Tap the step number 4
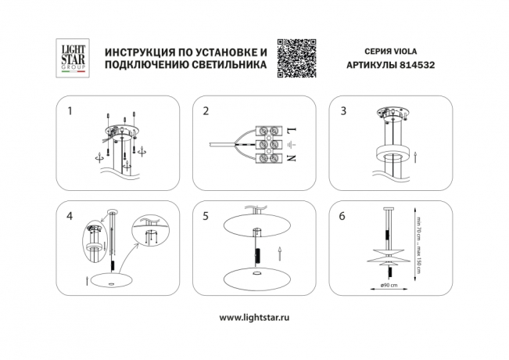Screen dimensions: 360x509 click(70, 214)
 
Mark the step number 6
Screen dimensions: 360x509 click(342, 214)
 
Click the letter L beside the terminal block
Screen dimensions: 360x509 click(291, 130)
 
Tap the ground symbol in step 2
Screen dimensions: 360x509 click(291, 145)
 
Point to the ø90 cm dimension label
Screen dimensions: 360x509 click(389, 285)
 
